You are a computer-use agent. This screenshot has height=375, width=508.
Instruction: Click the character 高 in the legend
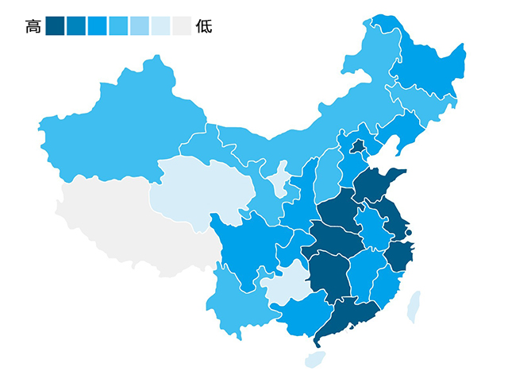(33, 27)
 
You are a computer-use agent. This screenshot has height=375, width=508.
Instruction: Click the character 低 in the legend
(204, 27)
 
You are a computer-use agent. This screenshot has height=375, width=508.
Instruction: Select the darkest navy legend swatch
(55, 27)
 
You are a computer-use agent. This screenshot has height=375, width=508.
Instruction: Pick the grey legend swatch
(182, 27)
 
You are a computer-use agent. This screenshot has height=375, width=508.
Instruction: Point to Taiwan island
(414, 307)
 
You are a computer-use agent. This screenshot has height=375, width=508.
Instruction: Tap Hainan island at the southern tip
(315, 358)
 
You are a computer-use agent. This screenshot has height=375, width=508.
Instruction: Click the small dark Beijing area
(358, 146)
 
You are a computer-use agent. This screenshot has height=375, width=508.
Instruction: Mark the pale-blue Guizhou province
(287, 286)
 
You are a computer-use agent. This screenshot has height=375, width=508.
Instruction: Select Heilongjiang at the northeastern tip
(429, 72)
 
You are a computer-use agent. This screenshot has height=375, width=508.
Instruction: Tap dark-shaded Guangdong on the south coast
(349, 318)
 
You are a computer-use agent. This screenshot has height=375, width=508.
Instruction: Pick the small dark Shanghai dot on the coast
(408, 233)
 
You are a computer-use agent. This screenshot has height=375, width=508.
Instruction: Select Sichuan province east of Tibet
(246, 246)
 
